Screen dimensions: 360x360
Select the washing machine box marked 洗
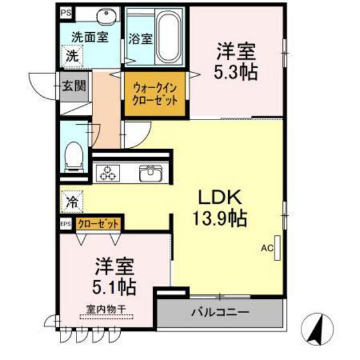73,55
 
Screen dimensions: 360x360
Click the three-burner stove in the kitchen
109,172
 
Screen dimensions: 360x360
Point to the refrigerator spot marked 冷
72,202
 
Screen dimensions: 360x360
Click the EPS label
66,224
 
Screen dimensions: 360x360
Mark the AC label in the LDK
266,247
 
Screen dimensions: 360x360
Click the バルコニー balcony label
220,313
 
